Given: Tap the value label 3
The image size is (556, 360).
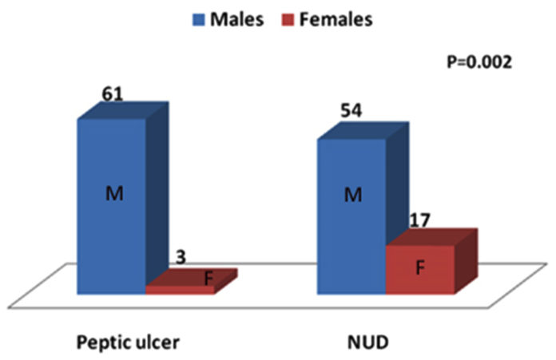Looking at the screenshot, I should click(181, 257).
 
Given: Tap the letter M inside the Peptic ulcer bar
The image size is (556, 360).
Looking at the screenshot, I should click(112, 192).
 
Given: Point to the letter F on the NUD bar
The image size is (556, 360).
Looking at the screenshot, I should click(419, 267).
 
